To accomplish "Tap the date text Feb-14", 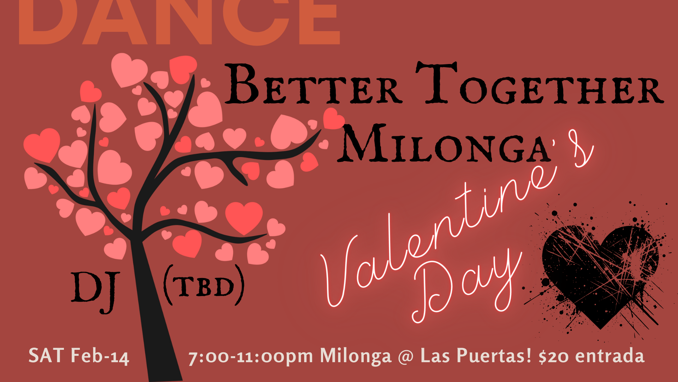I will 100,356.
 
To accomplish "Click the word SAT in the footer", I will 46,355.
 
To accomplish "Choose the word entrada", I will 610,356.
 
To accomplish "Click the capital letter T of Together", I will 436,83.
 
